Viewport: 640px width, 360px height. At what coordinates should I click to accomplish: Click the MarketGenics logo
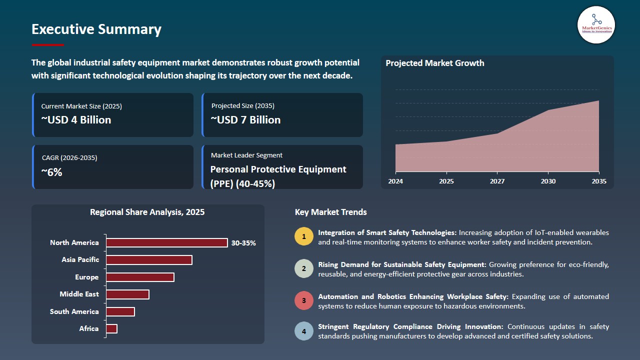(x=596, y=24)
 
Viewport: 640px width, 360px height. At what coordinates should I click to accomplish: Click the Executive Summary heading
(x=96, y=29)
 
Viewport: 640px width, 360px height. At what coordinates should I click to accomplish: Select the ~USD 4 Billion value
(x=76, y=120)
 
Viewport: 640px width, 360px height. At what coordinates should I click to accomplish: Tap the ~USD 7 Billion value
(x=245, y=120)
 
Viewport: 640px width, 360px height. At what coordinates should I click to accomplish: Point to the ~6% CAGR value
(x=51, y=172)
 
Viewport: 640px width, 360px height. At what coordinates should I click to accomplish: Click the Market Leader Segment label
(x=246, y=155)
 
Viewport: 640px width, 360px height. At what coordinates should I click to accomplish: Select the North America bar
(x=167, y=242)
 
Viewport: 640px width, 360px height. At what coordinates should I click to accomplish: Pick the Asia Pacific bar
(x=149, y=260)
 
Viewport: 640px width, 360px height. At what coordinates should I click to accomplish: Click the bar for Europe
(x=140, y=277)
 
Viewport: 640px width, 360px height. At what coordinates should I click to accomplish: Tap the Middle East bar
(x=127, y=294)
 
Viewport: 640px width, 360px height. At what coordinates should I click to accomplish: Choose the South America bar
(x=120, y=311)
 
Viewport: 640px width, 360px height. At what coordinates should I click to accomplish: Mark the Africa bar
(x=111, y=328)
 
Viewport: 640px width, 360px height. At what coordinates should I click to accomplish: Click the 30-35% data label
(x=243, y=243)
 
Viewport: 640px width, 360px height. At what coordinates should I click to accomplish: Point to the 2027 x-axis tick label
(x=497, y=181)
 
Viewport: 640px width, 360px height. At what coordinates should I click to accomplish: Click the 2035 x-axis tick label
(x=598, y=181)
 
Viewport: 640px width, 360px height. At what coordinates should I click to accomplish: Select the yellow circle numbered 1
(x=303, y=237)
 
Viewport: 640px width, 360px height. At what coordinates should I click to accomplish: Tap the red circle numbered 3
(x=303, y=301)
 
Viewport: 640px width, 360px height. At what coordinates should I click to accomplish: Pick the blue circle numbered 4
(x=303, y=331)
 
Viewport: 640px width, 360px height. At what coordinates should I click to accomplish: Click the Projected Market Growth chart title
(x=434, y=63)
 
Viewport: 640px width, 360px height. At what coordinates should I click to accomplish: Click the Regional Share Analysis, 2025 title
(x=147, y=212)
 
